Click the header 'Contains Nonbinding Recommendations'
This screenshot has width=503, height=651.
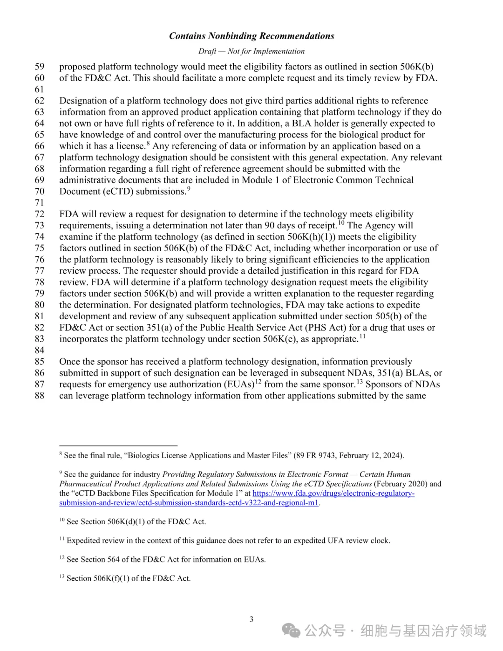(x=251, y=36)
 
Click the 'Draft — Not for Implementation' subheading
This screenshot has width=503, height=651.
(x=251, y=51)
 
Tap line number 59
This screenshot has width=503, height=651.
(x=40, y=67)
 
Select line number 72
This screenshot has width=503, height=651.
(x=40, y=214)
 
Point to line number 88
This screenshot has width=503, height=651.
(x=40, y=396)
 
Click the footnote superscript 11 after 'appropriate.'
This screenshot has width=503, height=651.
(x=362, y=336)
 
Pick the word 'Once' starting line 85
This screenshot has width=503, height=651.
(x=69, y=362)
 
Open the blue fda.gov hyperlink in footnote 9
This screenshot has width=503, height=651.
(x=333, y=493)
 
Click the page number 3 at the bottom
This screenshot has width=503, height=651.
(x=251, y=619)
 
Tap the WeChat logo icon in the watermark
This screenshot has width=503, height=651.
(x=292, y=631)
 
